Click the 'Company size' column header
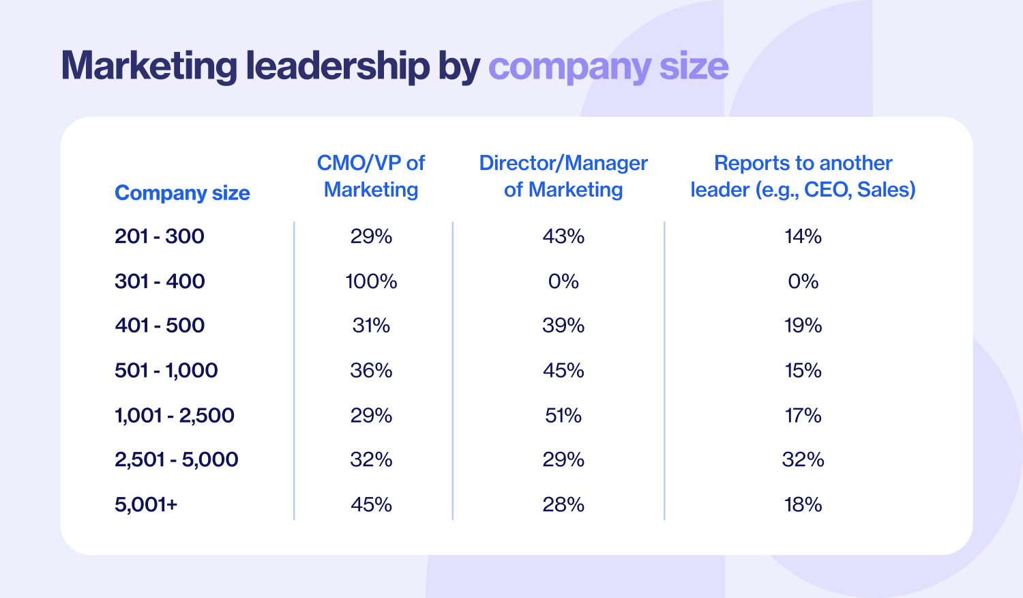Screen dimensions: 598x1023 click(182, 193)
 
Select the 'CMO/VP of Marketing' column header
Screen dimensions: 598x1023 click(371, 176)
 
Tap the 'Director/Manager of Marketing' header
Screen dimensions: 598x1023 click(563, 176)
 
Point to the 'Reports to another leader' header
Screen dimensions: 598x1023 click(803, 176)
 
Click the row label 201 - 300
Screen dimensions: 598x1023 click(160, 236)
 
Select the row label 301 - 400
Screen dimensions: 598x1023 click(160, 281)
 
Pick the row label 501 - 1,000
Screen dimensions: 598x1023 click(166, 371)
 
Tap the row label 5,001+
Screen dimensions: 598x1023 click(146, 504)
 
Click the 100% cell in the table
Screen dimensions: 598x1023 click(371, 281)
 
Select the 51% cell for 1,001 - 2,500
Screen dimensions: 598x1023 click(563, 415)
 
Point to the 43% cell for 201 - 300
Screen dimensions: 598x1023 click(563, 236)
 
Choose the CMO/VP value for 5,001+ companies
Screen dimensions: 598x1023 click(371, 504)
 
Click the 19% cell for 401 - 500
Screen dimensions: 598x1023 click(803, 326)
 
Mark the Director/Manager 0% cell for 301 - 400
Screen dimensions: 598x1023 click(563, 281)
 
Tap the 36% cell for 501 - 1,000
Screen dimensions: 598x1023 click(371, 371)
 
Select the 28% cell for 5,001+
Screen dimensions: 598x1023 click(563, 504)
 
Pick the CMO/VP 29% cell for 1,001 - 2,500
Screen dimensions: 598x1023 click(371, 415)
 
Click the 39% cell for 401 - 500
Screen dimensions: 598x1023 click(563, 326)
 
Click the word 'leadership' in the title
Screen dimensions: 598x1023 click(338, 66)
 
